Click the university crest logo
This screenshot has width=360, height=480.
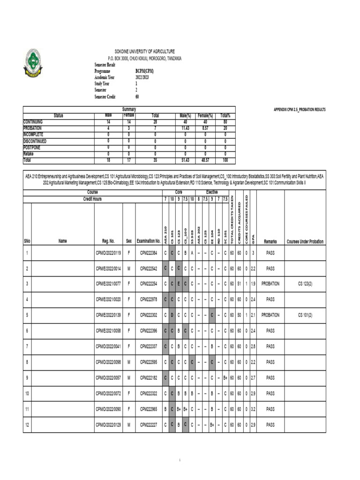[33, 64]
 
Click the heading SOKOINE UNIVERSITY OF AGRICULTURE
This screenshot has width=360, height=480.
[145, 51]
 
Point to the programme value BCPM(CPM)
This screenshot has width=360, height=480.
[144, 71]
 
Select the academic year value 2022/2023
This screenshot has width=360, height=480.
[142, 77]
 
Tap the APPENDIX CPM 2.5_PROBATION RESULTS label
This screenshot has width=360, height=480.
[300, 110]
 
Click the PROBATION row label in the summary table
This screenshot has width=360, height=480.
[32, 128]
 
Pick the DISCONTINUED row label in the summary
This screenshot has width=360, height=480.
[35, 141]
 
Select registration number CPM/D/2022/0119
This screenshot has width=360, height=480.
[108, 253]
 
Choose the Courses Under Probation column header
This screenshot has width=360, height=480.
[307, 241]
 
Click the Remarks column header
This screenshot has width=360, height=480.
[270, 241]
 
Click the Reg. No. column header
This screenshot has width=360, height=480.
[108, 241]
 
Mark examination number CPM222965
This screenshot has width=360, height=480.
[148, 409]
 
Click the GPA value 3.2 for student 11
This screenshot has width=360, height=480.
[253, 409]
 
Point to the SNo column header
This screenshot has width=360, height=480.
[27, 241]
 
